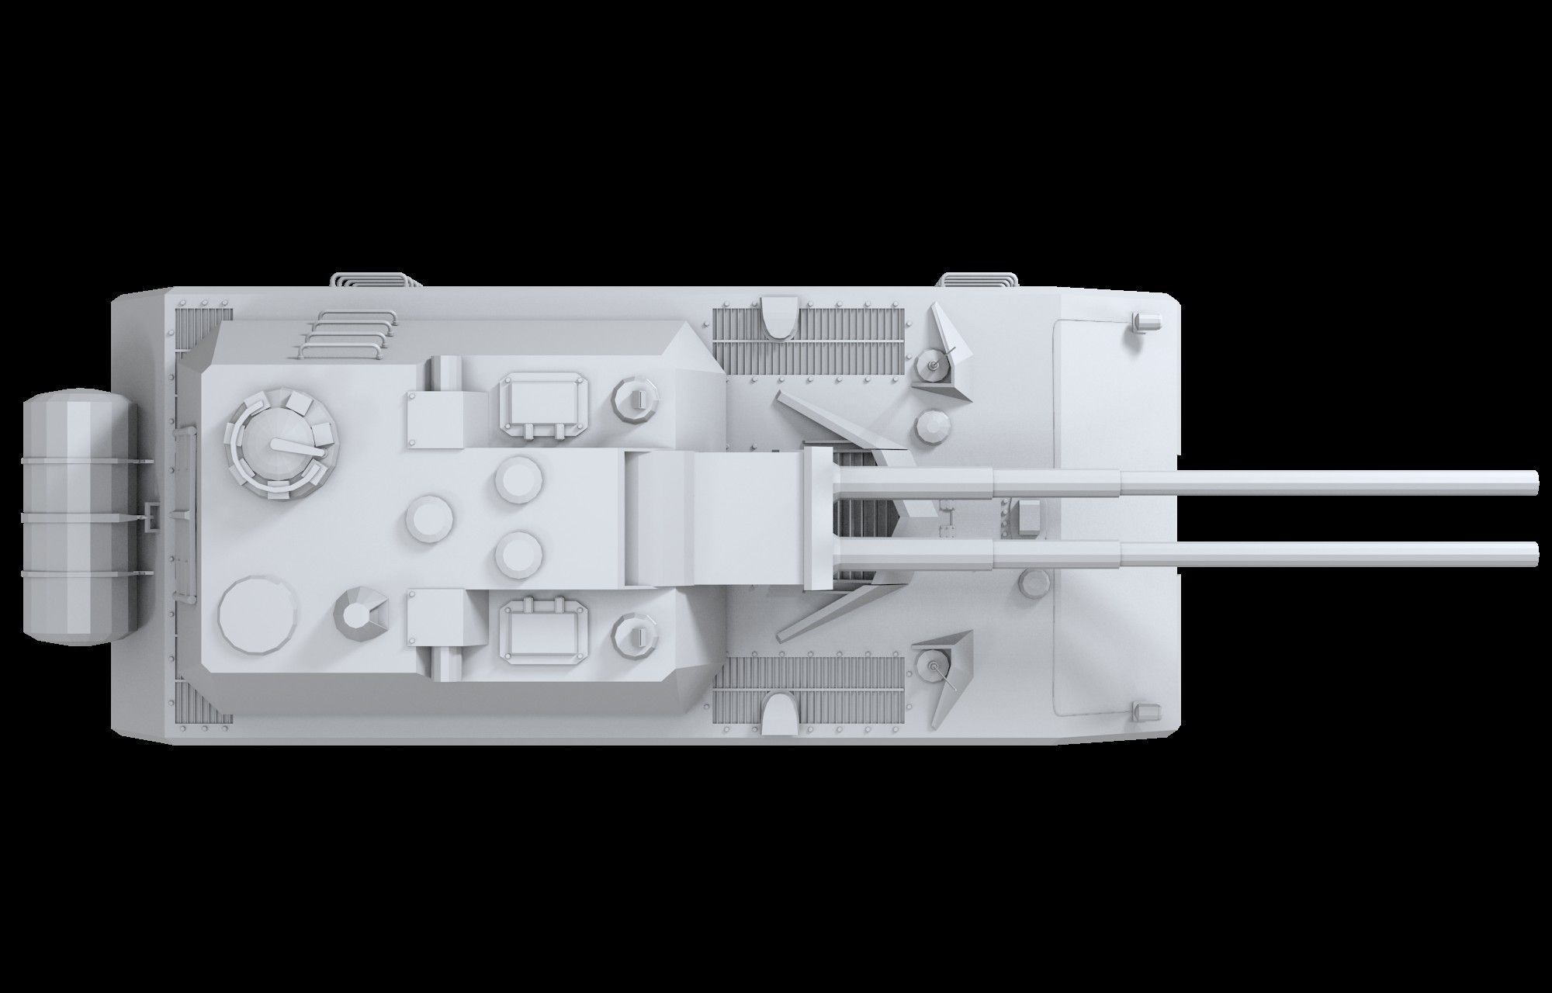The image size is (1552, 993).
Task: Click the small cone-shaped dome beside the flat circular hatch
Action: (358, 614)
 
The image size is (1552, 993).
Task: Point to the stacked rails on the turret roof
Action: (347, 334)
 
